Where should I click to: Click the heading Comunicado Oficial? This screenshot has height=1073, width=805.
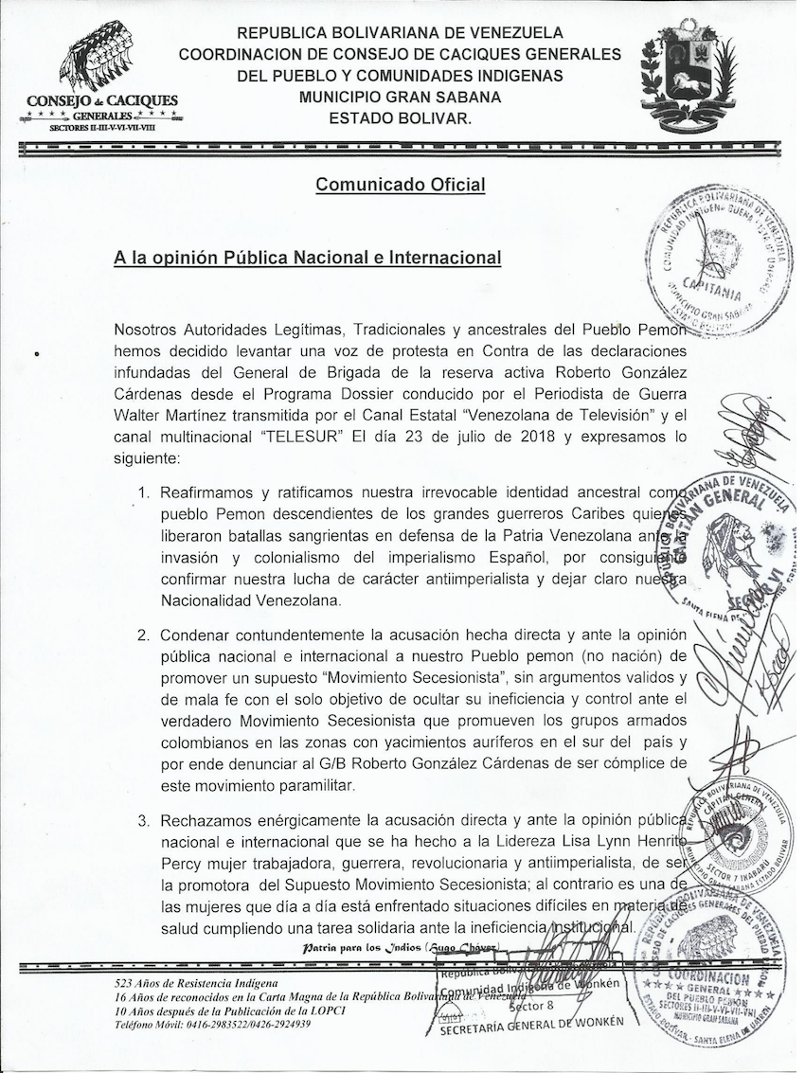pos(400,185)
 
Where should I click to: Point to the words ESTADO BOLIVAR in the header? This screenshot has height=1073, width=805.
pos(400,118)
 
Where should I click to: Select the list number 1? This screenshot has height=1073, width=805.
pos(144,493)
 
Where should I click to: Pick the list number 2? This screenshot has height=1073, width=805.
pos(144,635)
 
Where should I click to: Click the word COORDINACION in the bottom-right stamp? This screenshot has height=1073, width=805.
pos(723,976)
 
